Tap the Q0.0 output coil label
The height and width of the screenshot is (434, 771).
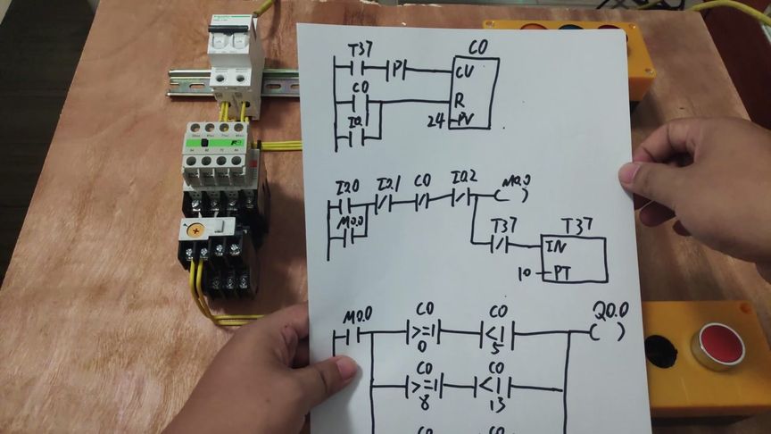611,310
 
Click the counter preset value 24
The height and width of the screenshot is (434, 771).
435,120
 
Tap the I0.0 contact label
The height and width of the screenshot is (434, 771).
347,187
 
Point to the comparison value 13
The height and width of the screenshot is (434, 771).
497,402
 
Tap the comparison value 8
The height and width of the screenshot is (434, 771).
424,403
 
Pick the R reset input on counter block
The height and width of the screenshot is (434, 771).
459,100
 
